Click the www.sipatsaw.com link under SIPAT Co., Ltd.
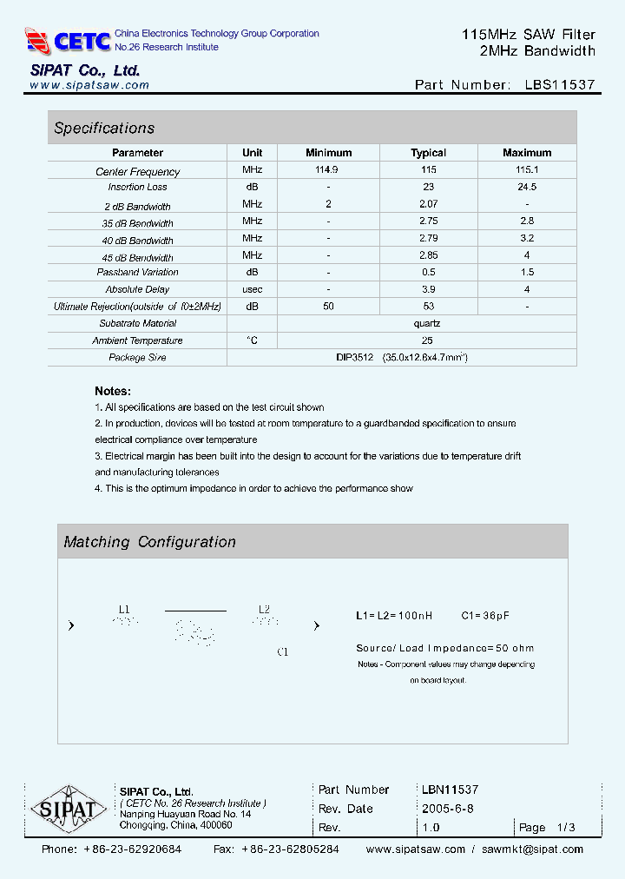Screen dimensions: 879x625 89,85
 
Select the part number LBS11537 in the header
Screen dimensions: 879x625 560,85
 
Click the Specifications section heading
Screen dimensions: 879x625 104,129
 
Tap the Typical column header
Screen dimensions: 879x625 428,153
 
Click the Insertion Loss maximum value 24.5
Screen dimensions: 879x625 526,187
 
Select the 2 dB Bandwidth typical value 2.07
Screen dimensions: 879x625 428,204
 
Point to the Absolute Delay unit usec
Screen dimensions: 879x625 252,289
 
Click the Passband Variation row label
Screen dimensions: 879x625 138,273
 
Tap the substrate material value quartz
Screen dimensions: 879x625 427,323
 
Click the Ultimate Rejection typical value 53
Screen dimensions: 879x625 428,306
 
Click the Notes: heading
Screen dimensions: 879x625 113,391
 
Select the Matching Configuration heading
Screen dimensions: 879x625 149,542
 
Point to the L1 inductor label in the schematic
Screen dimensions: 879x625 124,610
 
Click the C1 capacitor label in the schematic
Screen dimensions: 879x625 282,651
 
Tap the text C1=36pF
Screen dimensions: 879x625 485,616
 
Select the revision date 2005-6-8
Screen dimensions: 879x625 447,809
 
